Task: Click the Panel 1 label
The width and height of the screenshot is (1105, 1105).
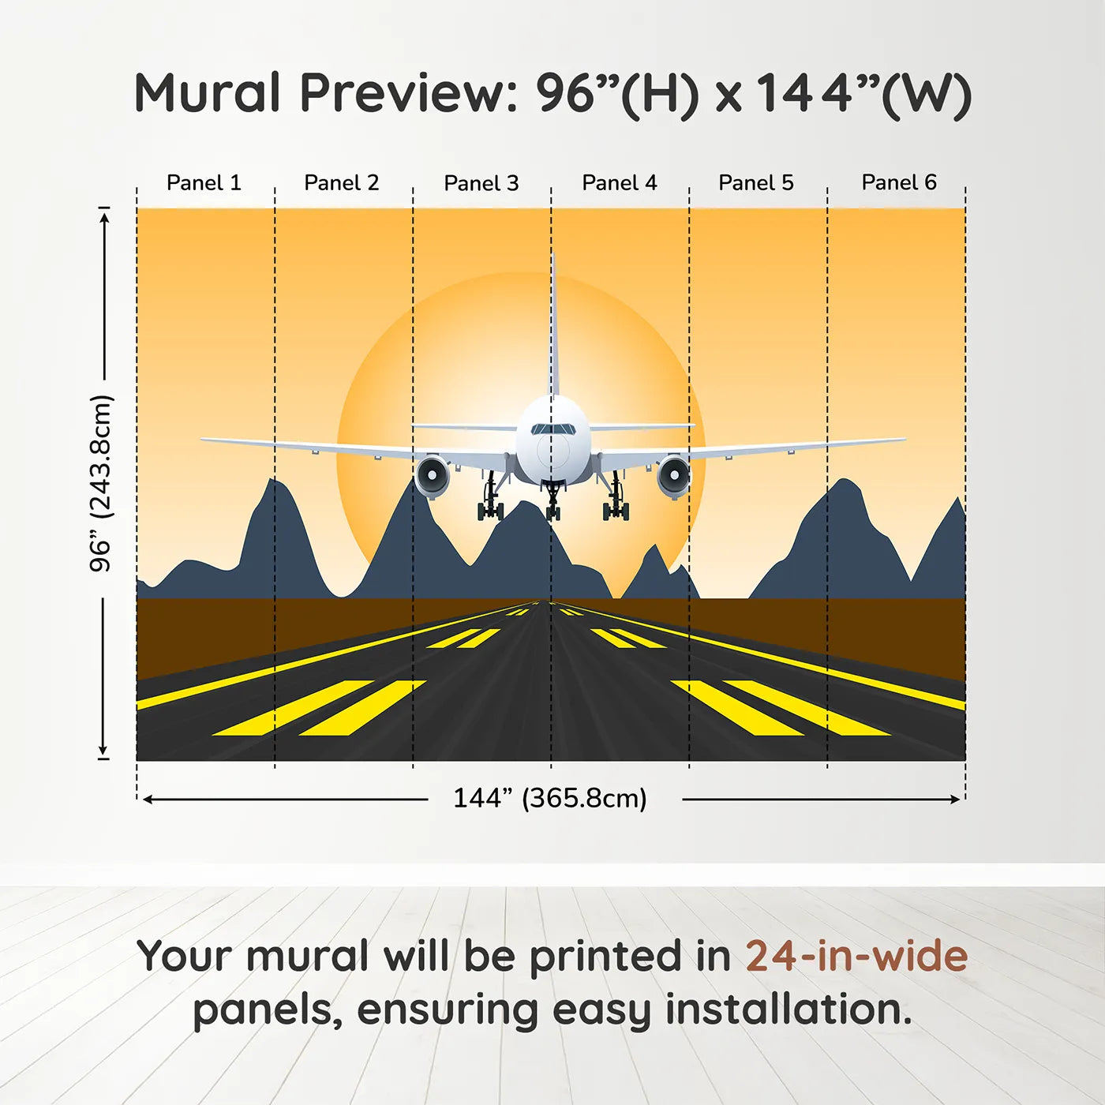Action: [x=204, y=182]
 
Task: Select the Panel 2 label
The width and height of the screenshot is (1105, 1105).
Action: [x=342, y=182]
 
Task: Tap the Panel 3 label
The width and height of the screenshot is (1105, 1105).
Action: [x=481, y=183]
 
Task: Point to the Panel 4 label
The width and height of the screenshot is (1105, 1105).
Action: [x=620, y=182]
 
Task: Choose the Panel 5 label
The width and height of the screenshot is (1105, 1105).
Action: [x=756, y=182]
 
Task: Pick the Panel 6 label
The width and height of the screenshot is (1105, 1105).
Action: [x=899, y=182]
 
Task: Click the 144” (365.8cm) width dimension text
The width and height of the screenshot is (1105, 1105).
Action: [x=550, y=798]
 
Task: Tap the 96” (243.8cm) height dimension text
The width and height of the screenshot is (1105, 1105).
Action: [x=101, y=483]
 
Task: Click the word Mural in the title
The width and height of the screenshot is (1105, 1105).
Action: [x=207, y=93]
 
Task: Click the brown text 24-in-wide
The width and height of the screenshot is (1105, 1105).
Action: [x=856, y=956]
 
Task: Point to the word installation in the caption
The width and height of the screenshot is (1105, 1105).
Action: [x=788, y=1009]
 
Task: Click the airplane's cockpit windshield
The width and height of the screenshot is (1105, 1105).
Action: [x=552, y=429]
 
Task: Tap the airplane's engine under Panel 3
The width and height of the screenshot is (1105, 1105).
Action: [x=433, y=476]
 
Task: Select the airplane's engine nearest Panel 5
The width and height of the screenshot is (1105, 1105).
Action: [x=673, y=476]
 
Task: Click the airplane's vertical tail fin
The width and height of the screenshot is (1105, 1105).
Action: [x=553, y=331]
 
